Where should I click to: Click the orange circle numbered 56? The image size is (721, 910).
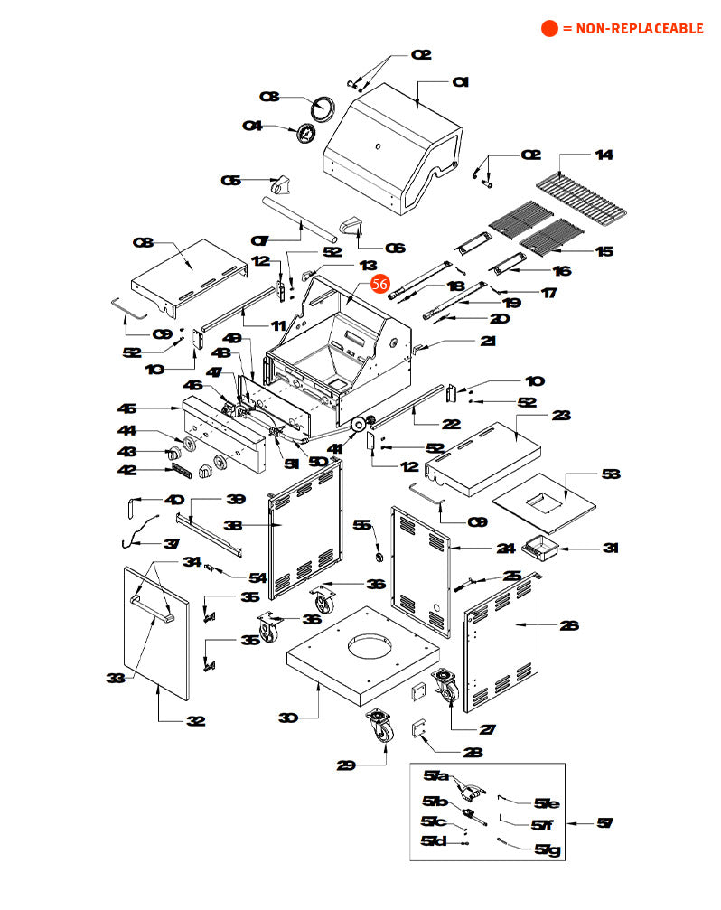tap(380, 284)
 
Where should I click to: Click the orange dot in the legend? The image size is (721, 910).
tap(549, 28)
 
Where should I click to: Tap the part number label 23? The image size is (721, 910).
tap(562, 416)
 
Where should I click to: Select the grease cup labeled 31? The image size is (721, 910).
tap(541, 547)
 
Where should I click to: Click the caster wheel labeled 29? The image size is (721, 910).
tap(380, 727)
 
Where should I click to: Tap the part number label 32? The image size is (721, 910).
tap(194, 721)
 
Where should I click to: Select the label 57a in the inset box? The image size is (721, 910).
tap(435, 776)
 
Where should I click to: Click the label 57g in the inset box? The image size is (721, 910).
tap(548, 849)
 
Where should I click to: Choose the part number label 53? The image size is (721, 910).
tap(612, 474)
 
